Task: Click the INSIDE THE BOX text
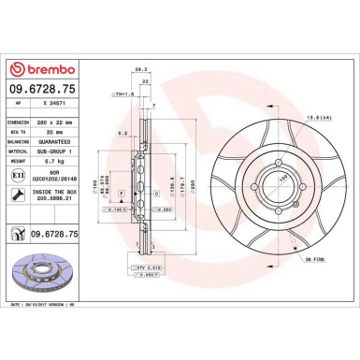tap(61, 190)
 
